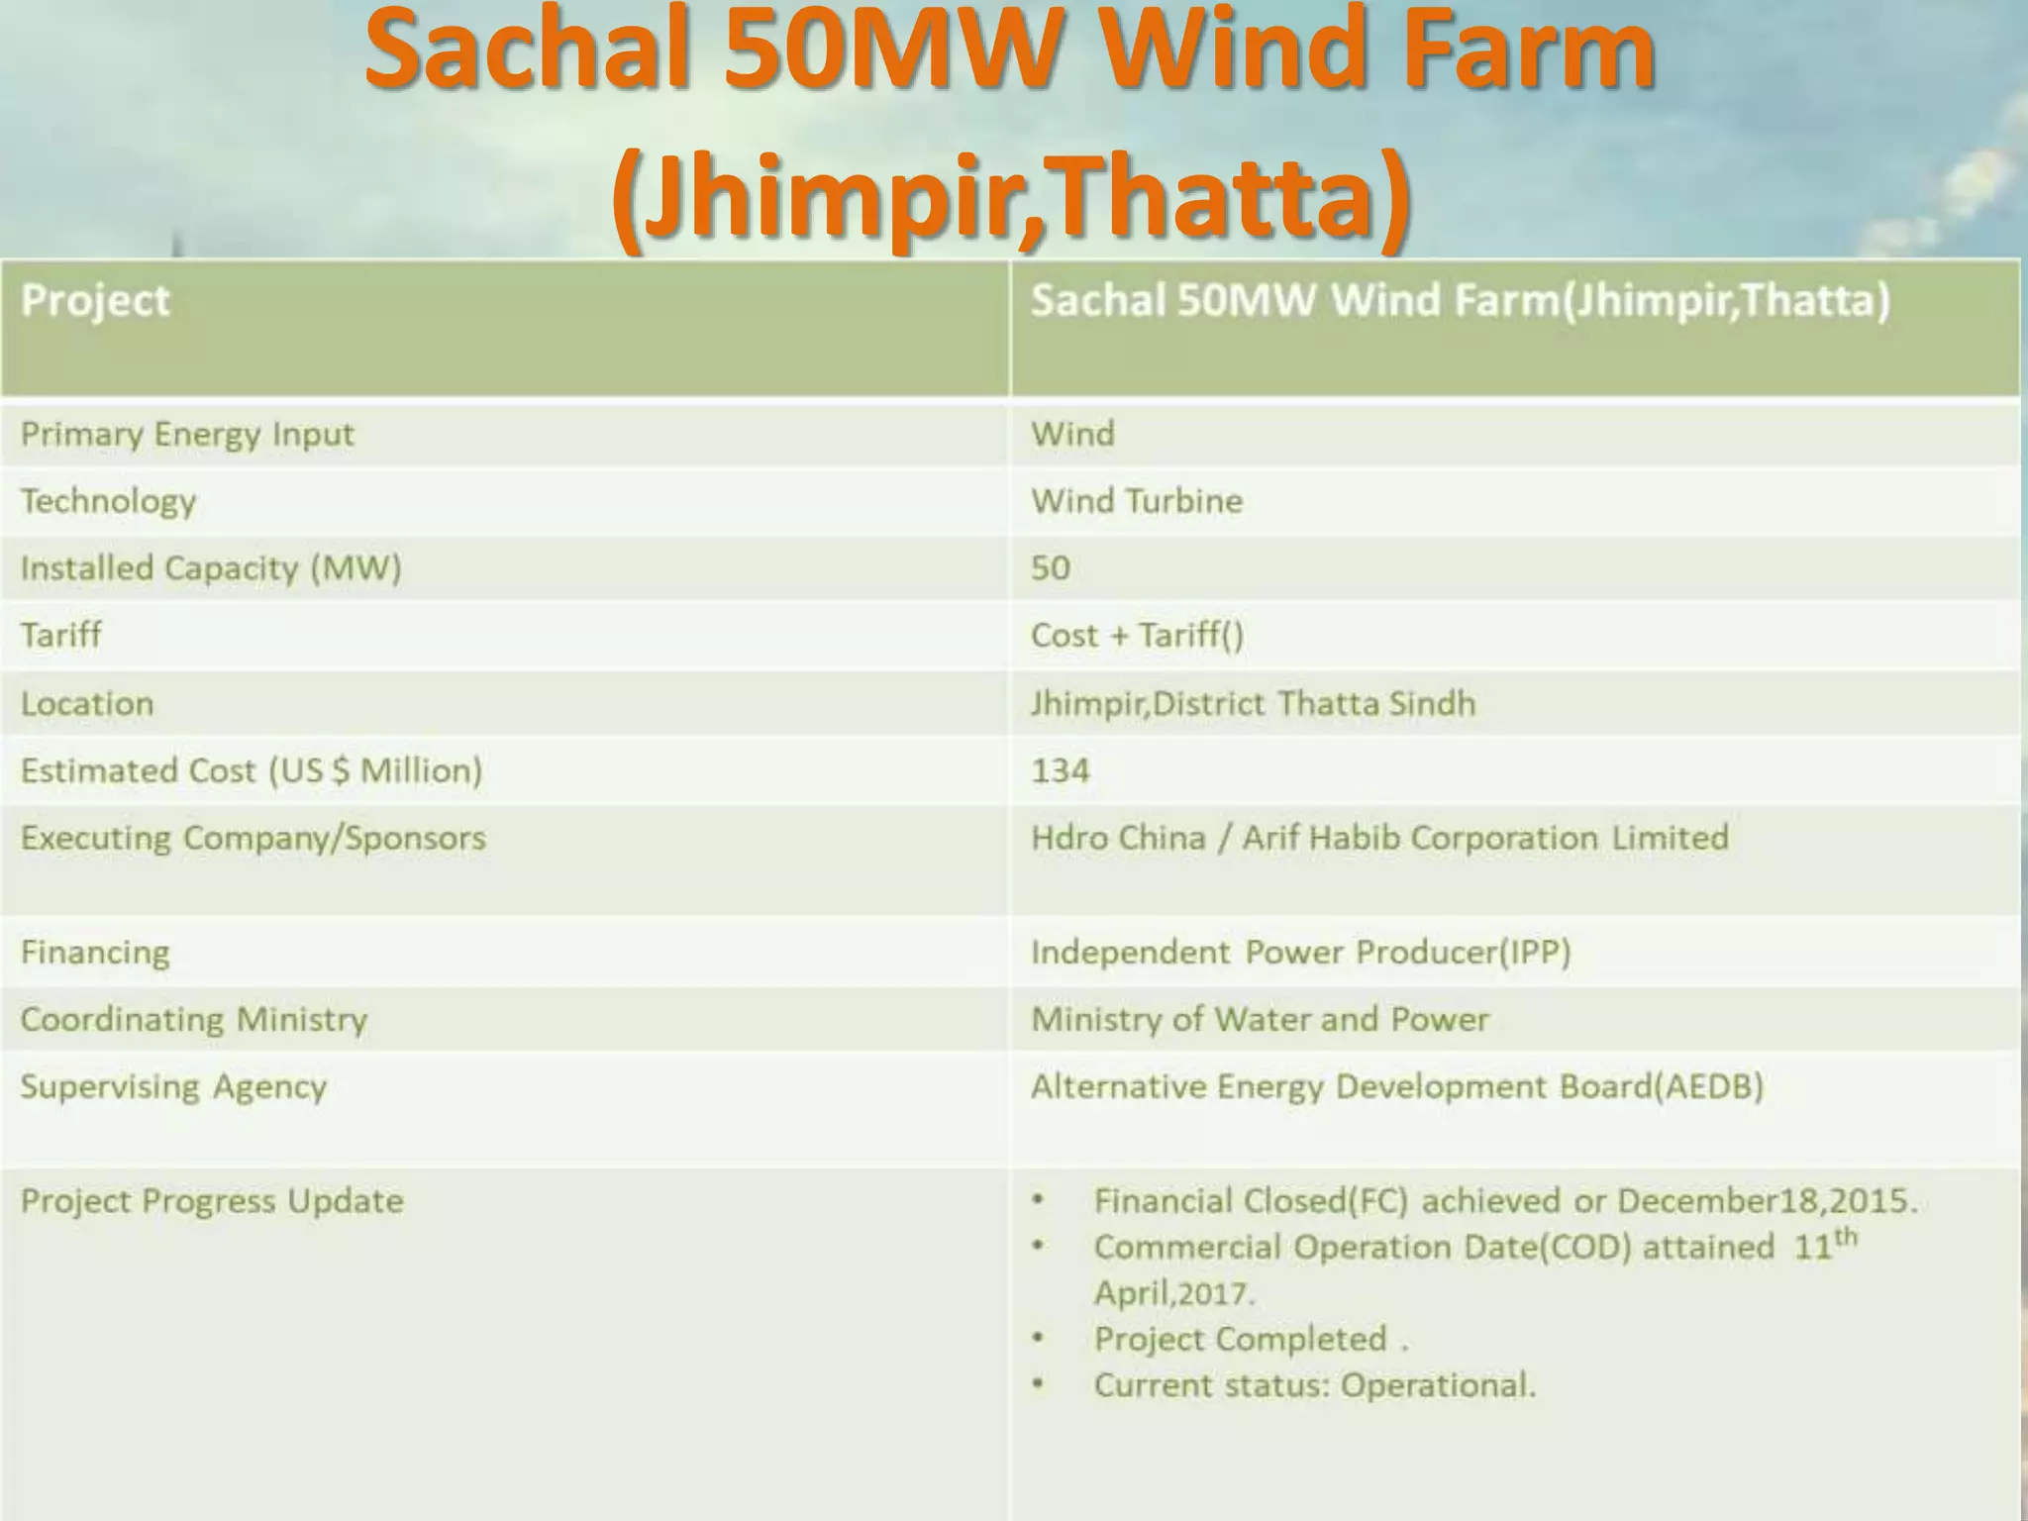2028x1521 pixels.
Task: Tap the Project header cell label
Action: (95, 300)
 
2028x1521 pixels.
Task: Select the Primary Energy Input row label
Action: (187, 435)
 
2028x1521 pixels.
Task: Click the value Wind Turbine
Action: (1136, 501)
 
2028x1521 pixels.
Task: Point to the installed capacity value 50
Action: (1050, 568)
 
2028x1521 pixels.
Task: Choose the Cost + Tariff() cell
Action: (1136, 635)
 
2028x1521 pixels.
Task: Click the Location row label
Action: (87, 704)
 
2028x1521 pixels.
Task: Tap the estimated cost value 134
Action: (1060, 770)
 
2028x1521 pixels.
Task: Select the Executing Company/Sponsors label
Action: (253, 838)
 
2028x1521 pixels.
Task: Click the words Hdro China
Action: (1118, 838)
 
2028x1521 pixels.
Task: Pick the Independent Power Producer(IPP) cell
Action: (1300, 953)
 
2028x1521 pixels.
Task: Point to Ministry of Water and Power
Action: (1260, 1020)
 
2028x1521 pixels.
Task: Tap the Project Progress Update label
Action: (212, 1201)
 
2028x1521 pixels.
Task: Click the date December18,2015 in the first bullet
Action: (1766, 1201)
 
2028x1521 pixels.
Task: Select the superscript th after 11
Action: (1845, 1237)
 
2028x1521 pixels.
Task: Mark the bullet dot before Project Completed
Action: (1038, 1339)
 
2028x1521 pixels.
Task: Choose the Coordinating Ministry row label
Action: (194, 1020)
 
